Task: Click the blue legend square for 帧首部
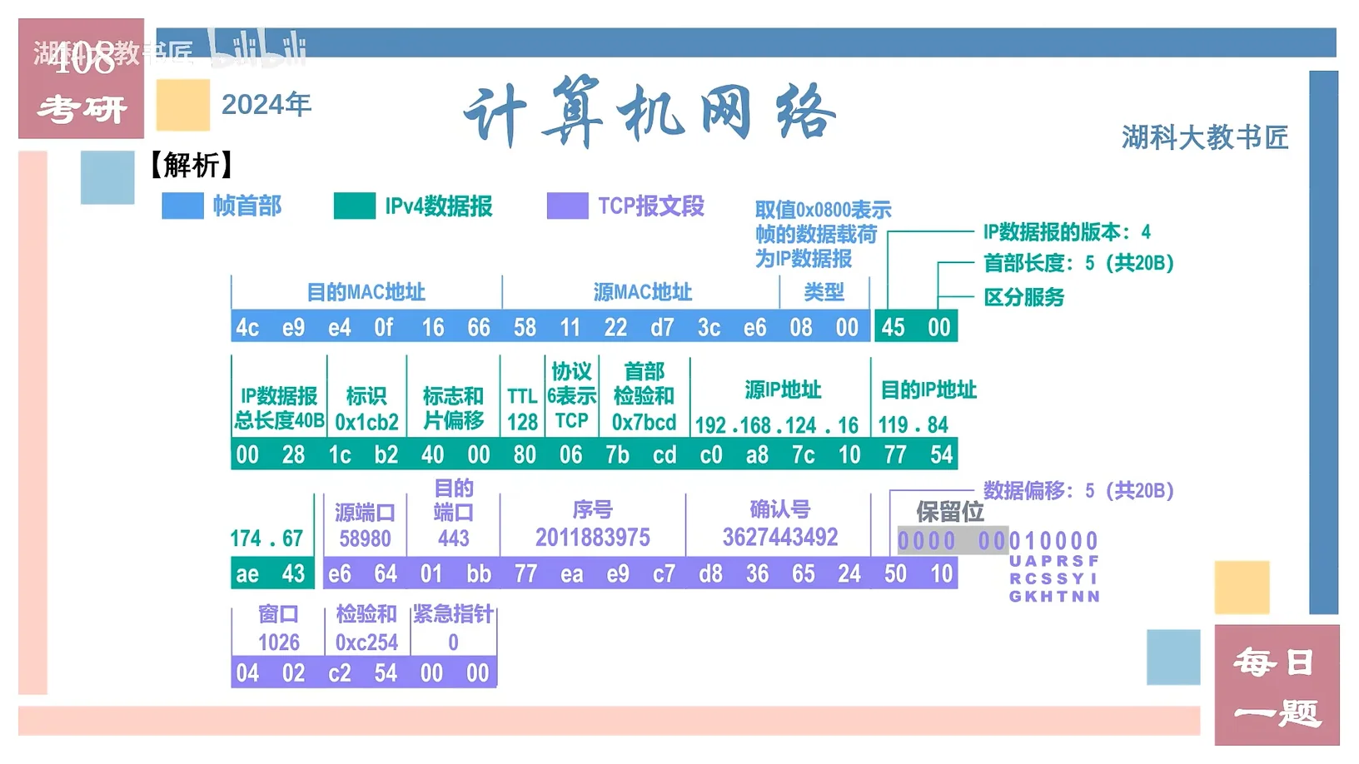[x=182, y=206]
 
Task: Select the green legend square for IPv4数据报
[x=354, y=206]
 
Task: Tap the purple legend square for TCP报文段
[x=567, y=206]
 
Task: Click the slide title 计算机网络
[x=650, y=112]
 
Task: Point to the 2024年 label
[x=266, y=105]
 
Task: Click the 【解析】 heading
[x=191, y=165]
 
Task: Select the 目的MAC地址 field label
[x=366, y=292]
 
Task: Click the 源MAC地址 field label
[x=642, y=292]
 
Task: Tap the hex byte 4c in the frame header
[x=247, y=327]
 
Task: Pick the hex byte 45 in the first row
[x=893, y=327]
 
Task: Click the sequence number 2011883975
[x=592, y=538]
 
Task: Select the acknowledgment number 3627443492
[x=779, y=537]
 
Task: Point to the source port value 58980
[x=365, y=538]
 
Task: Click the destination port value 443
[x=454, y=538]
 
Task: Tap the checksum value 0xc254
[x=366, y=642]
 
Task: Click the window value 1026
[x=278, y=642]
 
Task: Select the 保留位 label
[x=949, y=511]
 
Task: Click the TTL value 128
[x=522, y=422]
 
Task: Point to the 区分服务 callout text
[x=1023, y=297]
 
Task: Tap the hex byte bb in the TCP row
[x=478, y=573]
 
